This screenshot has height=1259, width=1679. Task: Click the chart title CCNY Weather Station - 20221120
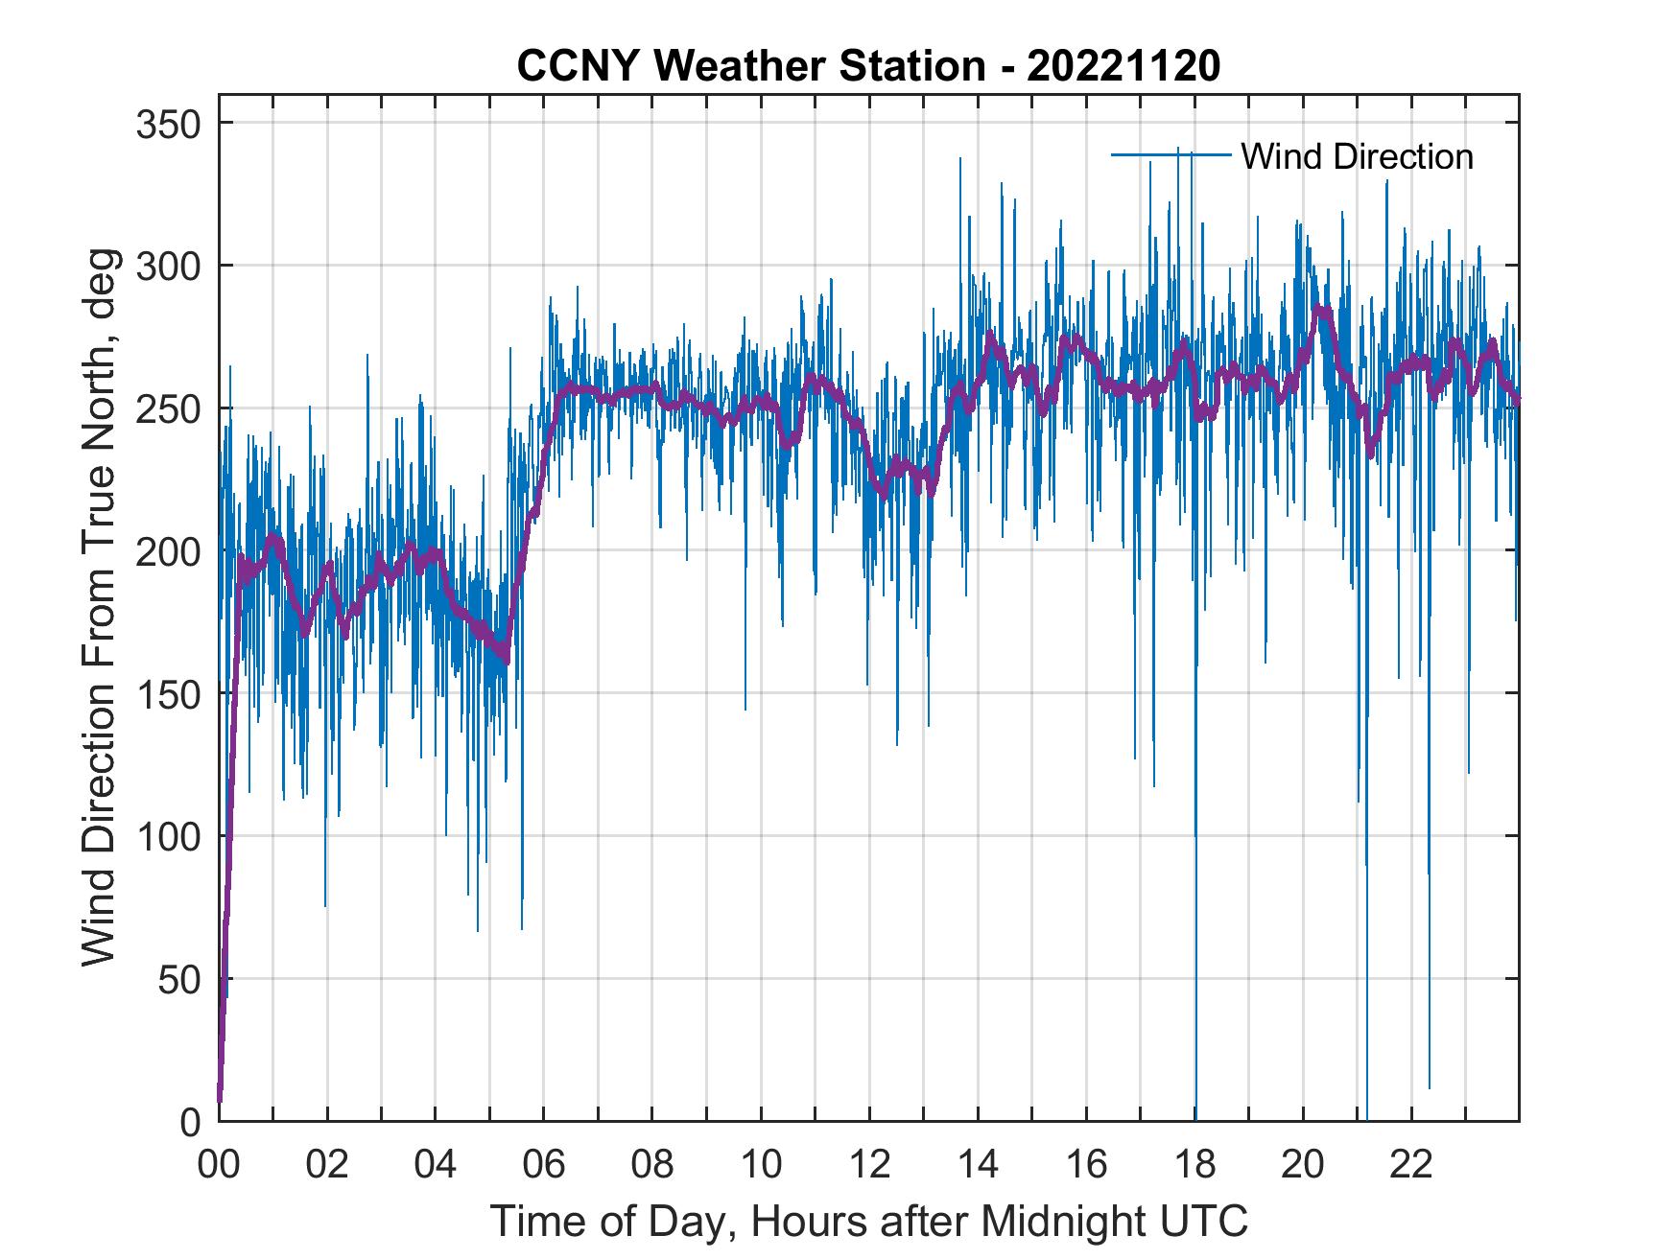[868, 66]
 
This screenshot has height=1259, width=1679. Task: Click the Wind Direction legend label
[1357, 156]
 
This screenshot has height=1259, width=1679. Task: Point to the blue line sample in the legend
[1171, 154]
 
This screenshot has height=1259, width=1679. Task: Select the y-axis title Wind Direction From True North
[99, 607]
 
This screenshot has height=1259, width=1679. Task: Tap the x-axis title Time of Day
[868, 1221]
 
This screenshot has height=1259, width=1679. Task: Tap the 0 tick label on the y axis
[192, 1121]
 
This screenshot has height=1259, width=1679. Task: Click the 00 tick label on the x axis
[219, 1165]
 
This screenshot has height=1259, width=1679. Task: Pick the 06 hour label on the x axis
[544, 1165]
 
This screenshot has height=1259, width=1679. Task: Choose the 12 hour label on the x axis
[869, 1165]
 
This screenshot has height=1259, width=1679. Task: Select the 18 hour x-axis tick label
[1194, 1165]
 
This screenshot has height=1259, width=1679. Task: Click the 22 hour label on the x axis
[1411, 1165]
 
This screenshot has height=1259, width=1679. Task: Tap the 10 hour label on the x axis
[761, 1165]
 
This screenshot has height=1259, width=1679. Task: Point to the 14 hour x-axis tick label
[978, 1165]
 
